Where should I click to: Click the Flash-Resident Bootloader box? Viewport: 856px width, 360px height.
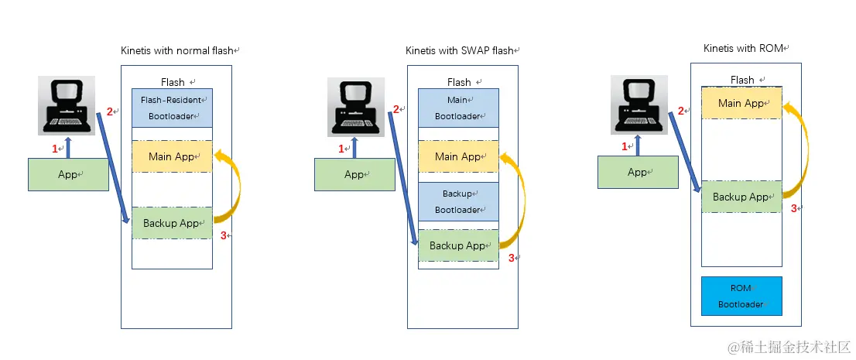(172, 108)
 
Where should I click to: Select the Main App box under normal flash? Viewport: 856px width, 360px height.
(172, 156)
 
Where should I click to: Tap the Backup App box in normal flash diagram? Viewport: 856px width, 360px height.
(172, 223)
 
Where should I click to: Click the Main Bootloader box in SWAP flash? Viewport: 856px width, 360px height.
(458, 108)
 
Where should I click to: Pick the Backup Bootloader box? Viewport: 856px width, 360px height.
(458, 201)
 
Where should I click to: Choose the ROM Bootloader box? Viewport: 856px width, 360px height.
(741, 296)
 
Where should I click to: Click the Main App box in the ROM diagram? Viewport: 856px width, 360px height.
(741, 103)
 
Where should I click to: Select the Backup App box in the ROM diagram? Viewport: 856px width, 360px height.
(741, 197)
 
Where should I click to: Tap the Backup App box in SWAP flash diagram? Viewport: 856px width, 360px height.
(458, 245)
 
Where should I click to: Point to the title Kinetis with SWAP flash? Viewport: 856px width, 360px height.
(461, 51)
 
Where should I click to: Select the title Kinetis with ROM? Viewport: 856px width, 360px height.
(745, 48)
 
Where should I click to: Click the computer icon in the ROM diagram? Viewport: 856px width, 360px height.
(639, 105)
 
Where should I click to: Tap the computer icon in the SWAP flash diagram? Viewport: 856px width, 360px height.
(355, 108)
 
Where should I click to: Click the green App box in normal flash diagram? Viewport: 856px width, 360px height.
(68, 174)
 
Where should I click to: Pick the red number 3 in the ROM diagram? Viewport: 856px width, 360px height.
(793, 207)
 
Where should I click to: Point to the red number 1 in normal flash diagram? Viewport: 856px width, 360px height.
(54, 148)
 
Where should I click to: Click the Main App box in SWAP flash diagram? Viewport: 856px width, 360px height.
(458, 156)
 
